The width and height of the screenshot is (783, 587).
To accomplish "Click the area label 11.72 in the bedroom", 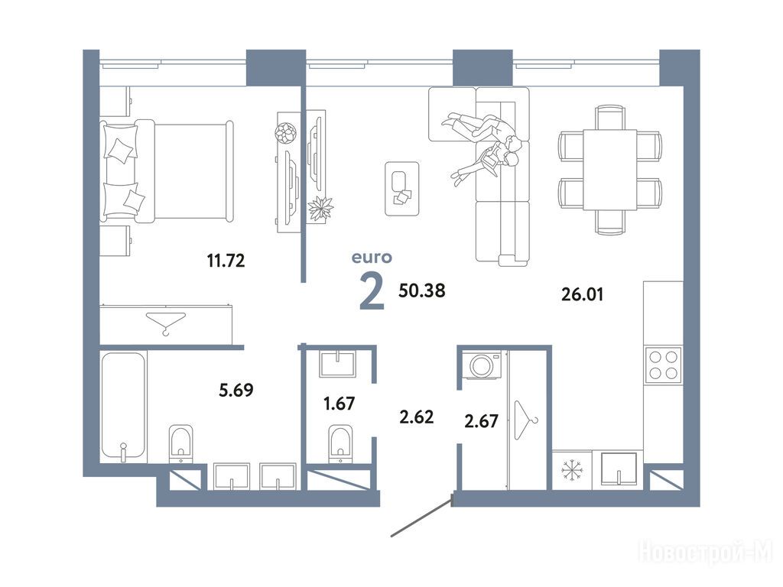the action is (226, 260).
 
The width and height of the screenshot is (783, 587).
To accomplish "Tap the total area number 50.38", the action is (421, 290).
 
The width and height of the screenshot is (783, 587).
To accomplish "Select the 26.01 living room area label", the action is (582, 294).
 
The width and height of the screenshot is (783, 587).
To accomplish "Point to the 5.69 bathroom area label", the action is (236, 389).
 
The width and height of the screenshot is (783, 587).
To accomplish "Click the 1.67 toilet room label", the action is (339, 403).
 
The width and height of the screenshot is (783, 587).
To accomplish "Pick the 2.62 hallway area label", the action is (417, 417).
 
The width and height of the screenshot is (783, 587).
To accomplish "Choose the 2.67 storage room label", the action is (482, 421).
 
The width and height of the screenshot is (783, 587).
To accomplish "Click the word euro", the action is (372, 258).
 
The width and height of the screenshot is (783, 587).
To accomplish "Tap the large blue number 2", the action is (372, 292).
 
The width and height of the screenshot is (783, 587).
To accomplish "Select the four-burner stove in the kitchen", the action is (663, 365).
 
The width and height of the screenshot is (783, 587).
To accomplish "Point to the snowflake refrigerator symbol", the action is (572, 470).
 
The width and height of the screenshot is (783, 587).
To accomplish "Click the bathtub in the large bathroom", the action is (123, 407).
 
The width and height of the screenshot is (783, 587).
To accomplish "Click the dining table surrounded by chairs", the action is (609, 170).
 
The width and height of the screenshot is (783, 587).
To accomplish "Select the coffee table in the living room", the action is (402, 189).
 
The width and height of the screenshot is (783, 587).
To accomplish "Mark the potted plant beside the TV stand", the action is (320, 209).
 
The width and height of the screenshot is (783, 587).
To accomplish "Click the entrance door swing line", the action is (422, 516).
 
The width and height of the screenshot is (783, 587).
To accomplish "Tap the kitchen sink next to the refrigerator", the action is (619, 469).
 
